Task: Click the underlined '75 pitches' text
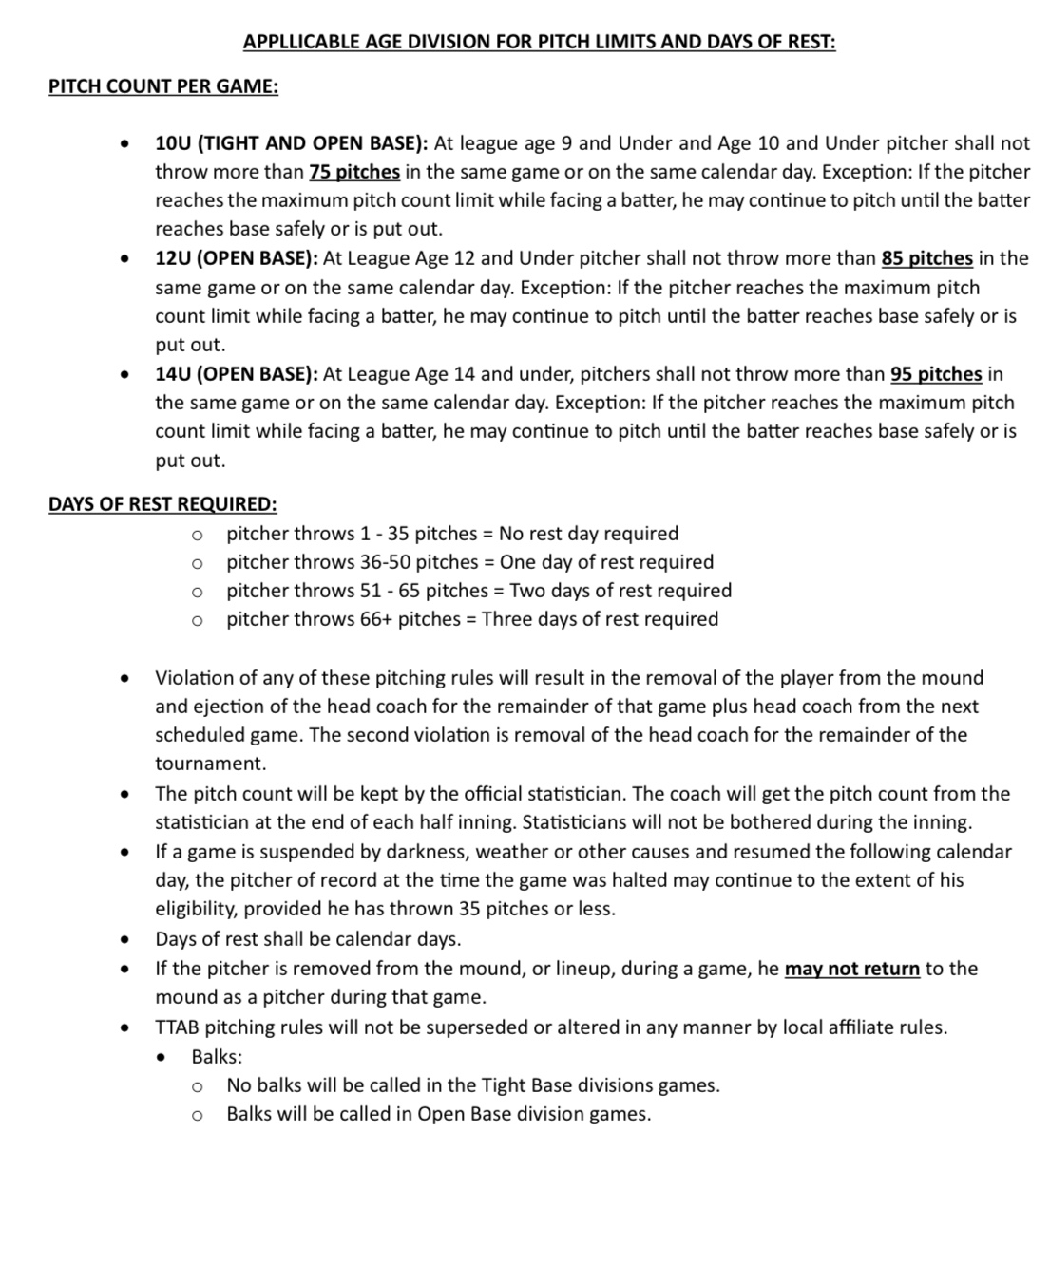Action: click(354, 172)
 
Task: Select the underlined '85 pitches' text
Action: click(926, 258)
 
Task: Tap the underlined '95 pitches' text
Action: click(936, 374)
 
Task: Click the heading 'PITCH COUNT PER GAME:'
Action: click(163, 86)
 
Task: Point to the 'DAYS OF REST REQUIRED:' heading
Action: click(162, 504)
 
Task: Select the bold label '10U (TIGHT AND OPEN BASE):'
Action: click(292, 143)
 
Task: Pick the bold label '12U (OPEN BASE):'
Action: click(237, 258)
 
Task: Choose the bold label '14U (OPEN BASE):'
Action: click(237, 374)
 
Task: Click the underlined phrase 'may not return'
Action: click(851, 969)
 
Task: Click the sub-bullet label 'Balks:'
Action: click(217, 1056)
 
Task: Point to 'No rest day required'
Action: click(588, 534)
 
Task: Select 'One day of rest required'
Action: click(606, 562)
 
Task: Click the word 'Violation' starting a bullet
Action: click(195, 678)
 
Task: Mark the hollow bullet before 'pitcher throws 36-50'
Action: click(197, 563)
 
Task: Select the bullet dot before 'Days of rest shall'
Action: click(124, 940)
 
